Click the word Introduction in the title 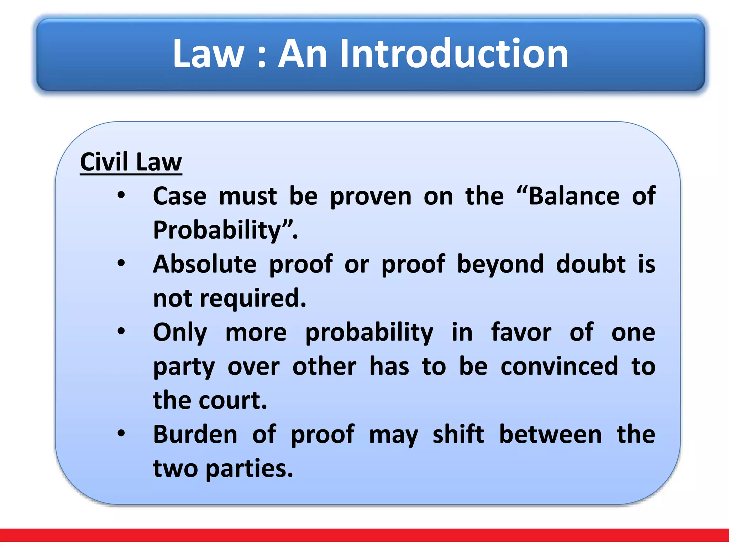click(454, 54)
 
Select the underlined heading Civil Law click(131, 162)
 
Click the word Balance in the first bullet click(574, 196)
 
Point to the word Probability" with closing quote click(225, 230)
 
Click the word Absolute click(205, 264)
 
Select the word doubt click(591, 264)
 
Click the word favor click(521, 332)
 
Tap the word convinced click(559, 366)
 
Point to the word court click(232, 401)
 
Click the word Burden click(195, 434)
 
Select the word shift click(458, 434)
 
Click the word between click(550, 434)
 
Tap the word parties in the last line click(249, 469)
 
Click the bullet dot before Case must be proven click(121, 195)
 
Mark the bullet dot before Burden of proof click(121, 433)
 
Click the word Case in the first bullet click(180, 196)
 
